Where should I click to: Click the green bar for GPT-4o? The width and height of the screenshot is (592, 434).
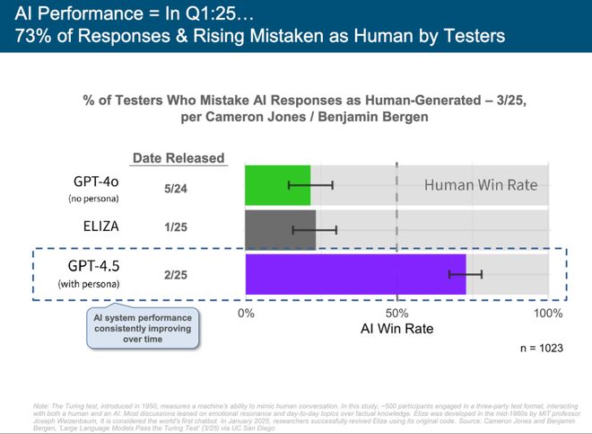point(277,184)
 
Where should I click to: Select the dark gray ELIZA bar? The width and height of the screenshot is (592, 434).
point(280,230)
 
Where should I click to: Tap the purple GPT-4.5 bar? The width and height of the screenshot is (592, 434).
point(355,274)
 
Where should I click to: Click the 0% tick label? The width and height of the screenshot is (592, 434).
point(246,313)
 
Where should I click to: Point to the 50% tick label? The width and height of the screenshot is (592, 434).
point(397,313)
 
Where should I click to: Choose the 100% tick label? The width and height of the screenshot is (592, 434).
point(547,313)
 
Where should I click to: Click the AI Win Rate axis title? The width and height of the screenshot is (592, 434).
point(396,329)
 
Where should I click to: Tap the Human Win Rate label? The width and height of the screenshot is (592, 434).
point(481,186)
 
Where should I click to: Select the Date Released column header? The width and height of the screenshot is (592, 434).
point(178,158)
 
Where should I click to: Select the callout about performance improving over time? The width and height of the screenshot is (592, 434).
point(144,328)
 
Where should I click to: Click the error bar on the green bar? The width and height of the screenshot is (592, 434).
point(310,184)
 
